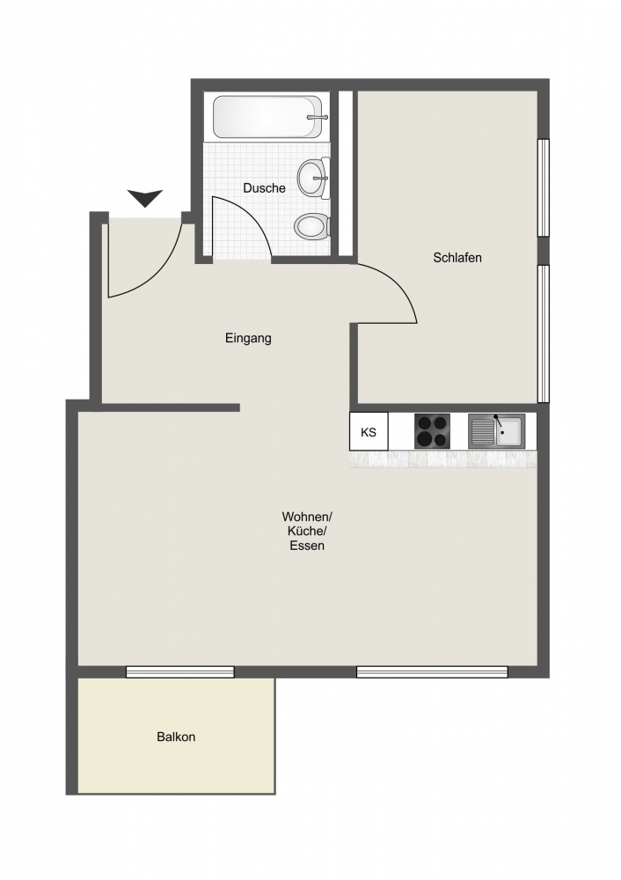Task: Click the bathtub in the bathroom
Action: click(x=267, y=117)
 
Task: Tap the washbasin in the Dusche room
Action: click(x=314, y=178)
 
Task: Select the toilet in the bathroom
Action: click(x=311, y=227)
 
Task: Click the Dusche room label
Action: click(x=264, y=188)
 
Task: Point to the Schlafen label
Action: click(x=457, y=258)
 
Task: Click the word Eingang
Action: click(x=248, y=339)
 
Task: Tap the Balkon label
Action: click(x=176, y=737)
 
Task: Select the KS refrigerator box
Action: click(x=369, y=431)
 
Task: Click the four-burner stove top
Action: click(x=432, y=431)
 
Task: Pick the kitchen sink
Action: click(x=496, y=431)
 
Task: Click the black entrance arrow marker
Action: click(x=145, y=198)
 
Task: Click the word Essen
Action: click(x=307, y=546)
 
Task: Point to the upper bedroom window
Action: click(x=543, y=187)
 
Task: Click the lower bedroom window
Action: click(x=543, y=334)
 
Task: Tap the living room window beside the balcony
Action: click(x=180, y=671)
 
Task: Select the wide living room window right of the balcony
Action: click(x=432, y=671)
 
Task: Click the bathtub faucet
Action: click(x=317, y=117)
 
